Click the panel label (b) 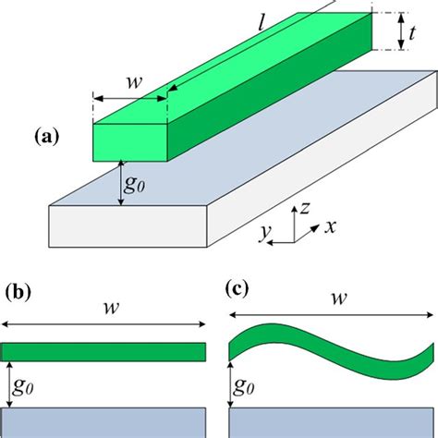[18, 294]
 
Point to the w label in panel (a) [135, 84]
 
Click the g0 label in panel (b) [25, 382]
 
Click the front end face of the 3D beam [130, 139]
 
